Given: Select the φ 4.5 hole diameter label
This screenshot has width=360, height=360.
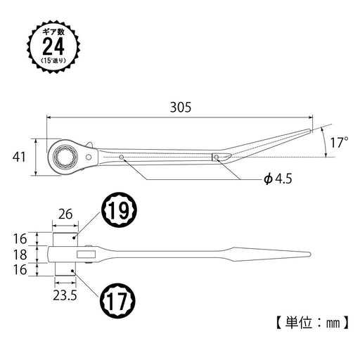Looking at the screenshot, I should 259,179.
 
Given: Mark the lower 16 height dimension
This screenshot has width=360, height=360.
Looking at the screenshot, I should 21,269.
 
